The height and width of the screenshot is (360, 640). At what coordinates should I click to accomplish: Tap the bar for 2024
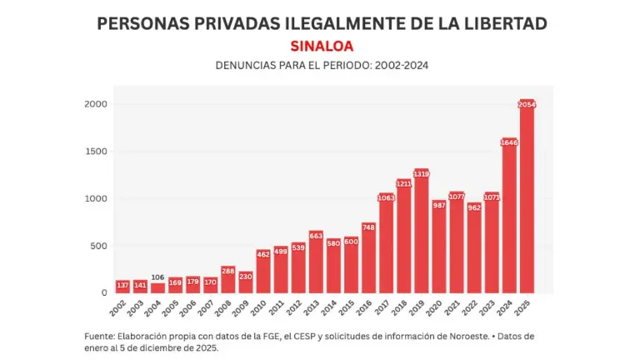(509, 216)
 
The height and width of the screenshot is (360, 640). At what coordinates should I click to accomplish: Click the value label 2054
(527, 105)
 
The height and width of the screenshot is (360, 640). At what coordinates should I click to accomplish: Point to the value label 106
(157, 277)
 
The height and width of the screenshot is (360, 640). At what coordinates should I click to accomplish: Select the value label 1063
(386, 198)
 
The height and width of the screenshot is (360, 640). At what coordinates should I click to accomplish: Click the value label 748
(368, 227)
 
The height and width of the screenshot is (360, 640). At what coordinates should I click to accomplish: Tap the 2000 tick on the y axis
(94, 104)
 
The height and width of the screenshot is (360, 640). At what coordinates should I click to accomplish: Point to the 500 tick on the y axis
(97, 246)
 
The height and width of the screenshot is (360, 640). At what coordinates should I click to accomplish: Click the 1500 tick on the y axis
(94, 152)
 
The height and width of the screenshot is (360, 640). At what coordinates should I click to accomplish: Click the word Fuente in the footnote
(101, 335)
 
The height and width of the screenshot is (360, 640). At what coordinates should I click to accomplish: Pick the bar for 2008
(227, 279)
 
